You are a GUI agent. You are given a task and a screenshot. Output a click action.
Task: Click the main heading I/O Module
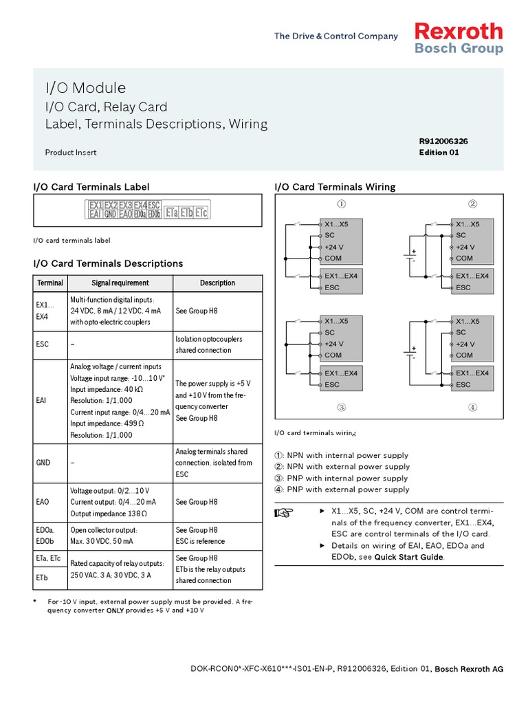(85, 88)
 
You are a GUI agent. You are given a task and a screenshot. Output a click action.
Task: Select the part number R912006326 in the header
(443, 141)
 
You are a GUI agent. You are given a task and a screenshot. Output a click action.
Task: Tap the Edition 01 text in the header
(439, 153)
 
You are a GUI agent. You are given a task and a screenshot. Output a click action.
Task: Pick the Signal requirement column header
(120, 283)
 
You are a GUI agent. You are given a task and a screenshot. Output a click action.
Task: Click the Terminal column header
(50, 283)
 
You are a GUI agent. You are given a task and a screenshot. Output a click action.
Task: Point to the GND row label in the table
(43, 463)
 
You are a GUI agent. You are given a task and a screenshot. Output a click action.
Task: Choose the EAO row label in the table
(42, 503)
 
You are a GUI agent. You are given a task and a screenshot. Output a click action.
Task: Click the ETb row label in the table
(42, 579)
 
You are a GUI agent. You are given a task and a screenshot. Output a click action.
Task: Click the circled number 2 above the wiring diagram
(472, 204)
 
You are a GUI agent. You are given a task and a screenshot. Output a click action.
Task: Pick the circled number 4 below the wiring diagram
(472, 408)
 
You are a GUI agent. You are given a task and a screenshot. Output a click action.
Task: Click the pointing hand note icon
(284, 513)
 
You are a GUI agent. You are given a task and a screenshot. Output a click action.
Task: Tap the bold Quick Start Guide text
(409, 558)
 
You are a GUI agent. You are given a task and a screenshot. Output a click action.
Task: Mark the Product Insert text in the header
(71, 153)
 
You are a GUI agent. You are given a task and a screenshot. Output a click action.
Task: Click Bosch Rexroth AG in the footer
(469, 669)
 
